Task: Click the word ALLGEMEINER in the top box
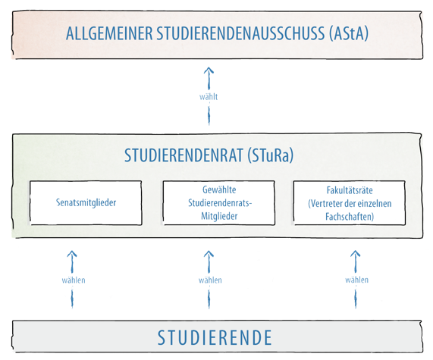click(109, 33)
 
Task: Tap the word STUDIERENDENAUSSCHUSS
click(241, 33)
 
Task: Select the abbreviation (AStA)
click(349, 33)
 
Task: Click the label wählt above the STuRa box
click(209, 97)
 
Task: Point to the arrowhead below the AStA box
click(209, 70)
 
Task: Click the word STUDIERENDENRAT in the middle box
click(184, 155)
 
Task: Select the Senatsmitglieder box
click(86, 203)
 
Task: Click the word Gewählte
click(219, 190)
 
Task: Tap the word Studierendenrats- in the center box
click(220, 203)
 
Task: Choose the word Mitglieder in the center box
click(219, 216)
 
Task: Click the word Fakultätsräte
click(350, 190)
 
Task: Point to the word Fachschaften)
click(350, 217)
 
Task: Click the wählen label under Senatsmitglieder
click(74, 280)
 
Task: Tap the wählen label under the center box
click(210, 280)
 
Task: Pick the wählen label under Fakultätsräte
click(356, 280)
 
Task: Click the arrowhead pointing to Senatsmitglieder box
click(72, 254)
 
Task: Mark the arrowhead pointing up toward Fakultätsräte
click(356, 254)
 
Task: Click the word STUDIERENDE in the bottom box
click(215, 337)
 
